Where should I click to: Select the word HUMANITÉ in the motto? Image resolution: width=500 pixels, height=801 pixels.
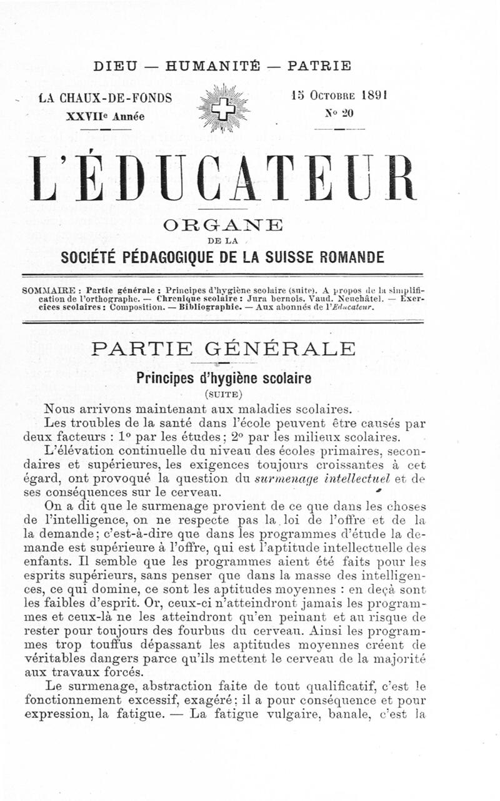pyautogui.click(x=212, y=66)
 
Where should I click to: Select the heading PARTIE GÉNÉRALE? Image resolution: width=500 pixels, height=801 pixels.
pyautogui.click(x=223, y=348)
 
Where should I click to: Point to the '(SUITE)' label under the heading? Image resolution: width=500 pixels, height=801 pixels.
pyautogui.click(x=223, y=394)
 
